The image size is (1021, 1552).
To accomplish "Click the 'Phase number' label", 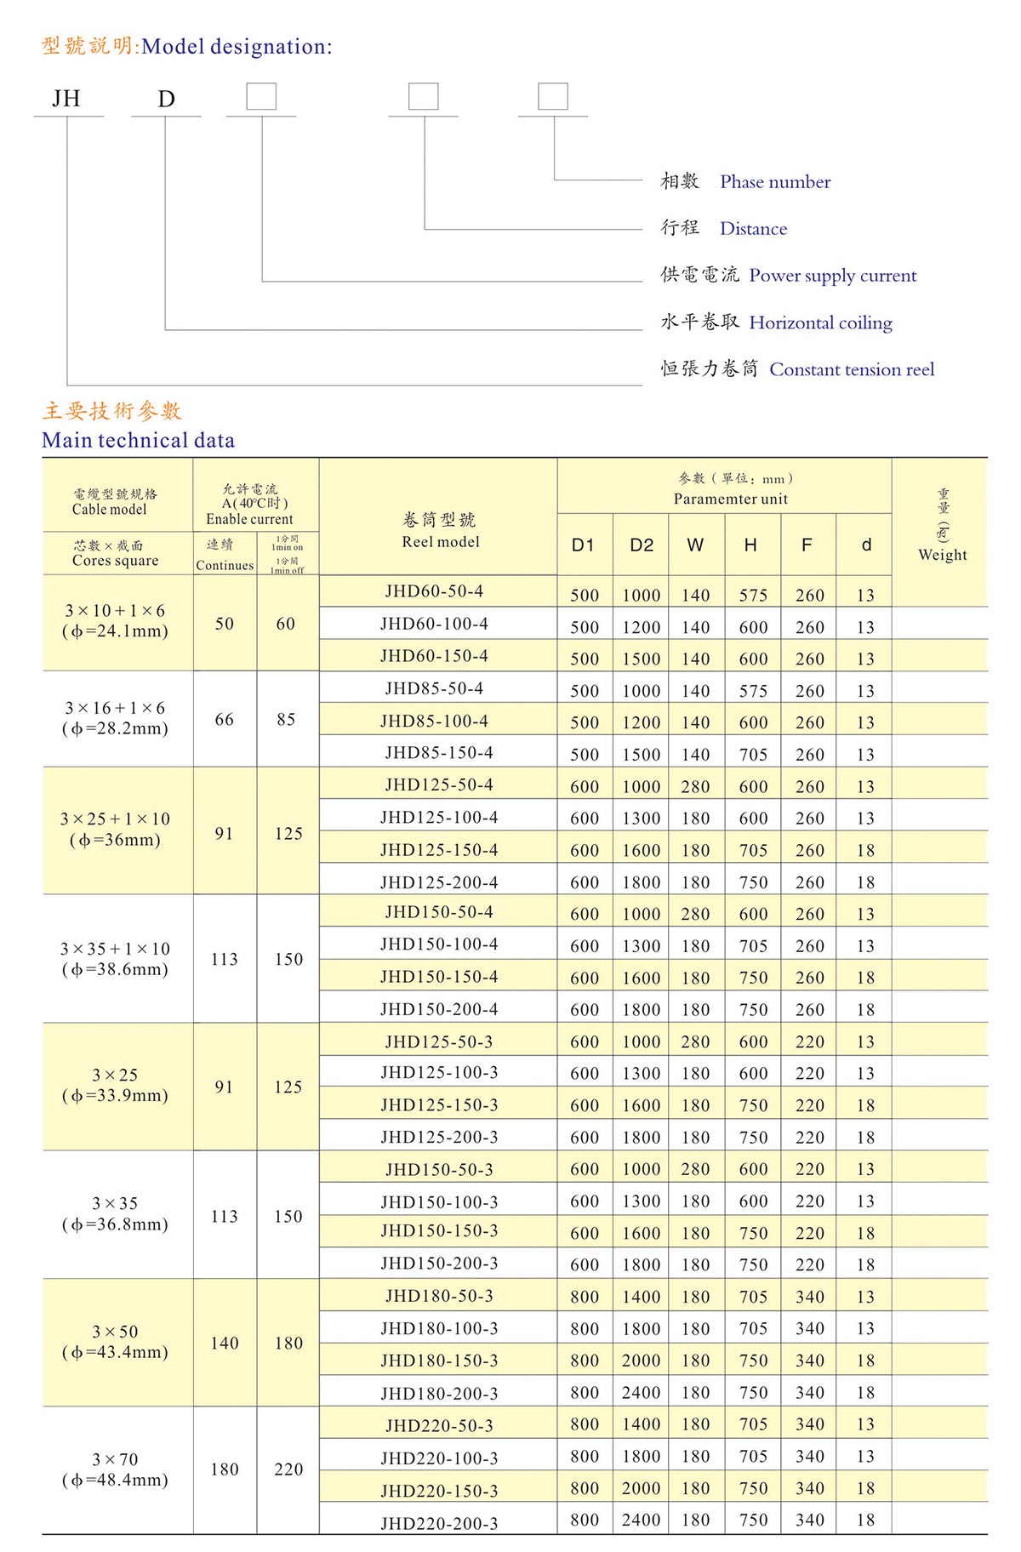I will [775, 182].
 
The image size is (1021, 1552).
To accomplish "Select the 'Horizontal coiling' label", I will [820, 323].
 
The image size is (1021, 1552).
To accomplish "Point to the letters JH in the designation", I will [66, 100].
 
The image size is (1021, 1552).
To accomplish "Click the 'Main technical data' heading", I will [138, 441].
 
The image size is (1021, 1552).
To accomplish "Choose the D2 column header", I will [642, 545].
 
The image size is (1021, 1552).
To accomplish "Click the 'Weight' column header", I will [942, 555].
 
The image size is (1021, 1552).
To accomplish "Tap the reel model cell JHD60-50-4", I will [434, 591].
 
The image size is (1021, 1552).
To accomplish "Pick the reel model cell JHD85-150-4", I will [439, 753].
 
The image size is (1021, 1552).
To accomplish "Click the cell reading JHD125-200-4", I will [439, 882].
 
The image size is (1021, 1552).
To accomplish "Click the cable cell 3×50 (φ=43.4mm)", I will [115, 1342].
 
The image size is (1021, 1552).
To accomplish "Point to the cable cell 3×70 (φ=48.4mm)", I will [115, 1469].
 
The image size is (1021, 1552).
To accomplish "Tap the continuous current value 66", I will [224, 720].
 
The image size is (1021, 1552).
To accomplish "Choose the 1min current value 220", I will [288, 1469].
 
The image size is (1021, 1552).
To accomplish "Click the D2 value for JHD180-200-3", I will [641, 1393].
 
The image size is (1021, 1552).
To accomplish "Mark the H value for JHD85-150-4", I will [753, 755].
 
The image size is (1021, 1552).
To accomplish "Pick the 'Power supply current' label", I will [832, 276].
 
